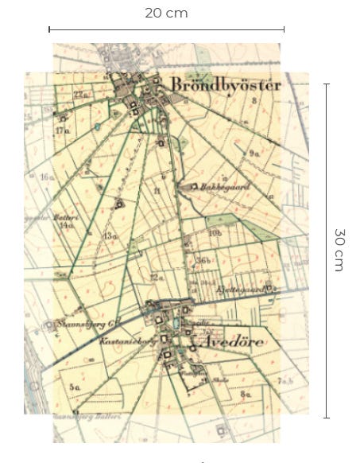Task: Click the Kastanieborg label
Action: [x=122, y=341]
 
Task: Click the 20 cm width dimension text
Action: [x=166, y=13]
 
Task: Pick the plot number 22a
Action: [x=79, y=95]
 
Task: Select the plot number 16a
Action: [x=47, y=176]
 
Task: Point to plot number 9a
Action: [x=254, y=152]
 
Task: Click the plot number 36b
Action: [x=203, y=260]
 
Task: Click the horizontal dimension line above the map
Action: [x=166, y=29]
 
